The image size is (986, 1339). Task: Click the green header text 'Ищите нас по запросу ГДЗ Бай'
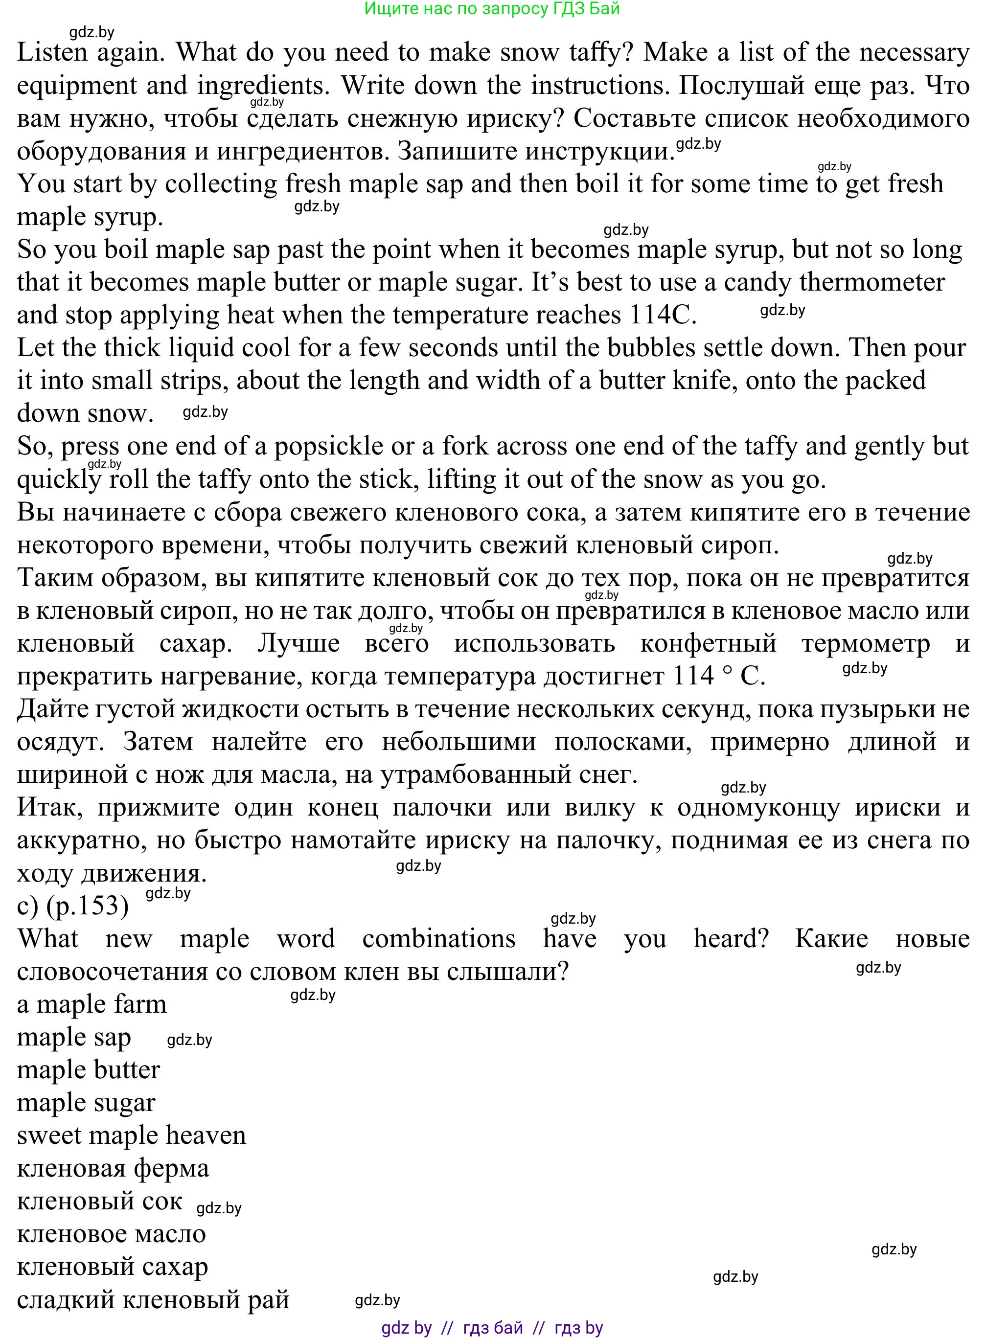[492, 9]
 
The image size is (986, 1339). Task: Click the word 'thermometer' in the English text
[872, 282]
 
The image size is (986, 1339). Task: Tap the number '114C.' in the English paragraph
[663, 315]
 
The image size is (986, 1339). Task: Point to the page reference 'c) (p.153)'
[73, 906]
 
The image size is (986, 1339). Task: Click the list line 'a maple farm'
[92, 1004]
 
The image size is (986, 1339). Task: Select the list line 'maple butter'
[89, 1070]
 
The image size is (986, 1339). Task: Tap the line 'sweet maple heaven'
[131, 1135]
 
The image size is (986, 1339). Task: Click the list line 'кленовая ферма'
[113, 1168]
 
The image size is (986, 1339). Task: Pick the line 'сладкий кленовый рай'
[153, 1299]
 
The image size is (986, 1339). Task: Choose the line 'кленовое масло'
[111, 1234]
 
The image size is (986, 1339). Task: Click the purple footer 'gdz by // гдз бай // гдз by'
[492, 1328]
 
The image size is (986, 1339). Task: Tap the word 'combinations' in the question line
[439, 939]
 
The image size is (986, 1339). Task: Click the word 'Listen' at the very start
[52, 52]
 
